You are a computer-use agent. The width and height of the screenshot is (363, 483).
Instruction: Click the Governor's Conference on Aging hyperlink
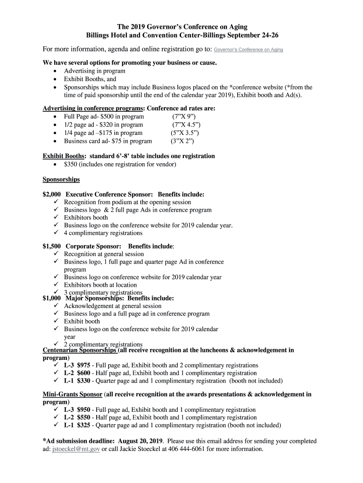click(248, 50)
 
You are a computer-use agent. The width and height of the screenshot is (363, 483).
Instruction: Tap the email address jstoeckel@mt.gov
click(75, 449)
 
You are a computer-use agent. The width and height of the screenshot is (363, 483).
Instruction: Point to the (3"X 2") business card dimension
click(182, 141)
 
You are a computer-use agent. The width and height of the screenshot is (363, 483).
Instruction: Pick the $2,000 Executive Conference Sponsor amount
click(52, 194)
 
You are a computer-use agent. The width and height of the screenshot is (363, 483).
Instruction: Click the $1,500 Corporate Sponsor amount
click(52, 246)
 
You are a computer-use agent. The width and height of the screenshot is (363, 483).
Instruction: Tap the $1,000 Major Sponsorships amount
click(52, 298)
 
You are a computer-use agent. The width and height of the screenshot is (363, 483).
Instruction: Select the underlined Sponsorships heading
click(61, 180)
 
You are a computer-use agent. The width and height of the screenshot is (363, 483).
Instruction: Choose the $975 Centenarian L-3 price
click(84, 366)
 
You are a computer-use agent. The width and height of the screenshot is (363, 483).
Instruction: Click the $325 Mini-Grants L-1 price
click(84, 425)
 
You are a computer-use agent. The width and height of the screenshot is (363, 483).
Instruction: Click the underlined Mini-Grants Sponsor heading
click(73, 394)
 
